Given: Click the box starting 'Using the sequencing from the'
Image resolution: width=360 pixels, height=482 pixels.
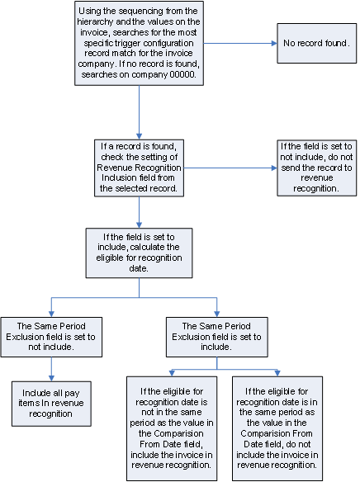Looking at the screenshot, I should tap(140, 42).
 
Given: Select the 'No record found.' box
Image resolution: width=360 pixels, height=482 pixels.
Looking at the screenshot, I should tap(317, 41).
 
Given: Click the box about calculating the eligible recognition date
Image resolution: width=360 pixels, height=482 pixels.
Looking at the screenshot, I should tap(140, 251).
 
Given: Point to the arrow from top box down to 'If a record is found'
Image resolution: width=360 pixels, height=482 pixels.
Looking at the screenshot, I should tap(140, 111).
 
